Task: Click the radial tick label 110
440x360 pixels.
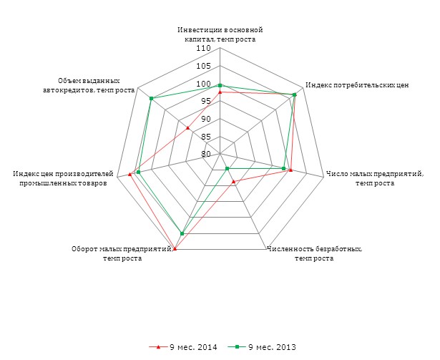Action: [x=203, y=49]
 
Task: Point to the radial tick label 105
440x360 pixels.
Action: [x=203, y=67]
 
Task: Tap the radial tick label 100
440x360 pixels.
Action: [x=203, y=84]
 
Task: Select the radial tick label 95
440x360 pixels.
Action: [x=205, y=102]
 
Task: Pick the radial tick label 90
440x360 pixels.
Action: [x=205, y=119]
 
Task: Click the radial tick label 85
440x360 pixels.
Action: [x=205, y=137]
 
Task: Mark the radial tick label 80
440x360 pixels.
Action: [x=205, y=154]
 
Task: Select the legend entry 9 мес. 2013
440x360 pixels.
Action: [x=265, y=347]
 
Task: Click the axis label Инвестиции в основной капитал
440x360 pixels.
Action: [x=220, y=34]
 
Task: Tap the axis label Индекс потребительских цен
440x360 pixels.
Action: [x=356, y=85]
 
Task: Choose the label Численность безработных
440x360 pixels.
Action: [x=314, y=253]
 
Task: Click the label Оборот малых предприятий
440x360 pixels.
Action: [x=122, y=253]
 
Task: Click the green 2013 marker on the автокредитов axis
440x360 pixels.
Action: [x=151, y=99]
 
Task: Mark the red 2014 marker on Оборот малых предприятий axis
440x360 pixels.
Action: [x=175, y=248]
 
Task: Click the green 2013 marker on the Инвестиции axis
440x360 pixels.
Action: [x=220, y=85]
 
